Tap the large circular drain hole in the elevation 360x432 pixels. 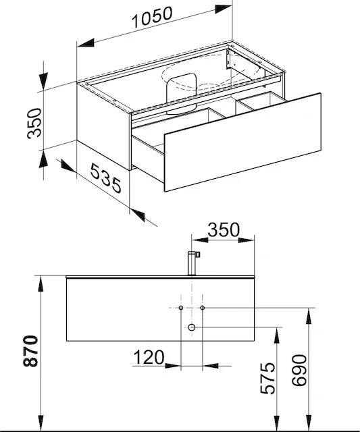(x=192, y=327)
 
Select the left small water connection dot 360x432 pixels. (x=182, y=308)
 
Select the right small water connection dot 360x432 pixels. (x=203, y=308)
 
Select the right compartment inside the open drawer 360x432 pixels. (x=260, y=103)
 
